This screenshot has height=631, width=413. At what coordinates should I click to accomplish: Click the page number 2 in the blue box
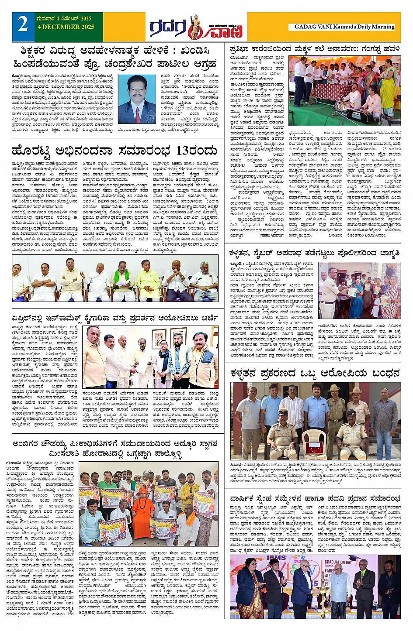[x=23, y=25]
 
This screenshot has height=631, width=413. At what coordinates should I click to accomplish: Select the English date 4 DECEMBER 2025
[x=66, y=27]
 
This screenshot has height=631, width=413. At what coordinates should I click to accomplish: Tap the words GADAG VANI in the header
[x=313, y=27]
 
